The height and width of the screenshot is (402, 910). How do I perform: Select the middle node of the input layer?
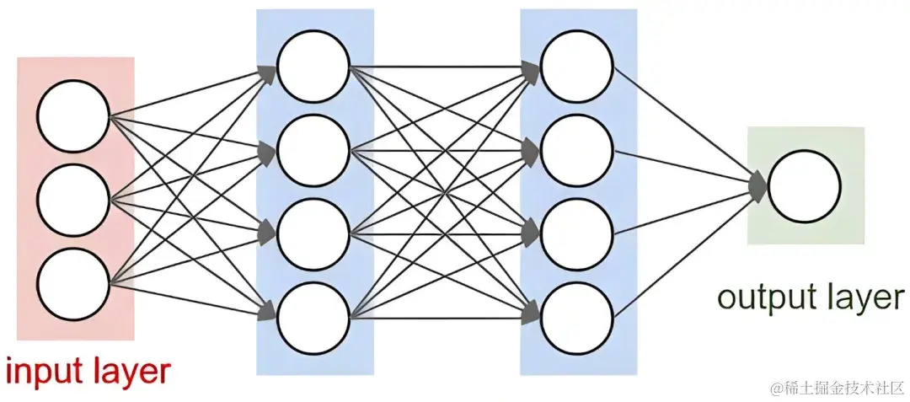coord(74,200)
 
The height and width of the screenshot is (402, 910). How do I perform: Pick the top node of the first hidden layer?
coord(313,67)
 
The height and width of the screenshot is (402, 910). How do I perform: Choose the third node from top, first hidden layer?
coord(313,234)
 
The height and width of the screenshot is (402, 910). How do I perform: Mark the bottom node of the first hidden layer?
coord(313,318)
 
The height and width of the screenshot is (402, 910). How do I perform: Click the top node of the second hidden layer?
coord(577,67)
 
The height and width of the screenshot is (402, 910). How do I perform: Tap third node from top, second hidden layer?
coord(577,234)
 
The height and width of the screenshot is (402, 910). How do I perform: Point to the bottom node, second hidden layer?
coord(577,318)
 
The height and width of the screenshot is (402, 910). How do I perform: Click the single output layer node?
coord(805,187)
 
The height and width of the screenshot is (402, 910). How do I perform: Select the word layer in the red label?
coord(129,372)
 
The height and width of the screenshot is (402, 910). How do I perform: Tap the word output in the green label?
coord(758,297)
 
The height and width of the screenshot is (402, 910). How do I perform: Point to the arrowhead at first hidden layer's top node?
coord(268,73)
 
